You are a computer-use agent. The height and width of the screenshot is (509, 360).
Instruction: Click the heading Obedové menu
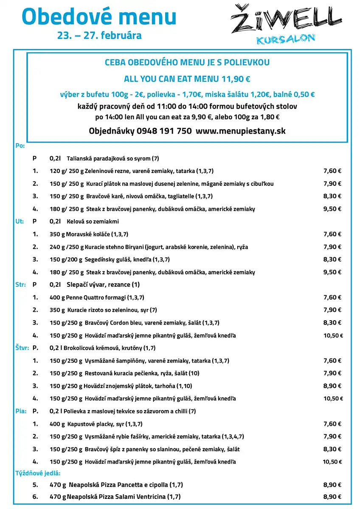99,17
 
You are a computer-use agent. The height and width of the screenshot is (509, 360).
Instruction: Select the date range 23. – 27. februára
99,36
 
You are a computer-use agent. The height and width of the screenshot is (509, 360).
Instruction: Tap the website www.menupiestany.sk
241,131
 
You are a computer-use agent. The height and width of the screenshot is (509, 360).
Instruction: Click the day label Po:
20,145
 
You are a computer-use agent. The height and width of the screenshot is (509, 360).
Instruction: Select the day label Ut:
20,221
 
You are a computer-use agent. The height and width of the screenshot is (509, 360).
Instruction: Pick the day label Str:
20,285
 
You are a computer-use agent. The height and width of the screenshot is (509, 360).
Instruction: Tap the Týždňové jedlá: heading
38,473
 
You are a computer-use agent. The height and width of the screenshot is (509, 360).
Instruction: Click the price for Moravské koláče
332,234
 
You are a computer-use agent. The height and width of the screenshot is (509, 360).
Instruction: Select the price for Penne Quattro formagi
332,297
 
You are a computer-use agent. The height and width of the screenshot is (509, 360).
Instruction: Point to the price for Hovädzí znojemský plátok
332,386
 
